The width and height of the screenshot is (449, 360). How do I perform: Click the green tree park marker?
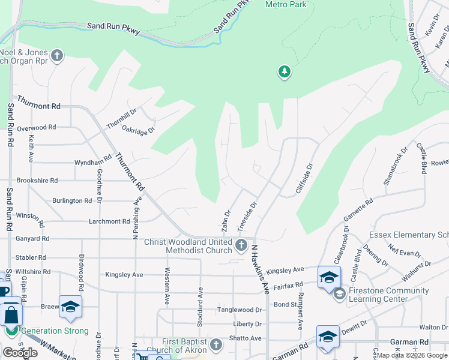284,73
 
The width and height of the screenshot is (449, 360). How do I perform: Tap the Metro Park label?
286,5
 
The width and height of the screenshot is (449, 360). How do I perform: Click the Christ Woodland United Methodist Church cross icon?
241,245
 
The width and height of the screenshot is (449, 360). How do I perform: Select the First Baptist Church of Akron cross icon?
216,345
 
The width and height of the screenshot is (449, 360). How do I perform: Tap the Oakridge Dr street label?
139,128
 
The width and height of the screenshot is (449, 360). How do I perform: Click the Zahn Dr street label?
226,221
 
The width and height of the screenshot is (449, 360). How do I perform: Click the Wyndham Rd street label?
93,162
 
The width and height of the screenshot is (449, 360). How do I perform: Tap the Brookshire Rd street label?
37,180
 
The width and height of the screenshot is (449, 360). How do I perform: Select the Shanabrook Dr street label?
395,165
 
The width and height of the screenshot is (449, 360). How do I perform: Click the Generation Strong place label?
55,331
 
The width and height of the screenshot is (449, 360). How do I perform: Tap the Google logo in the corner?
20,353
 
